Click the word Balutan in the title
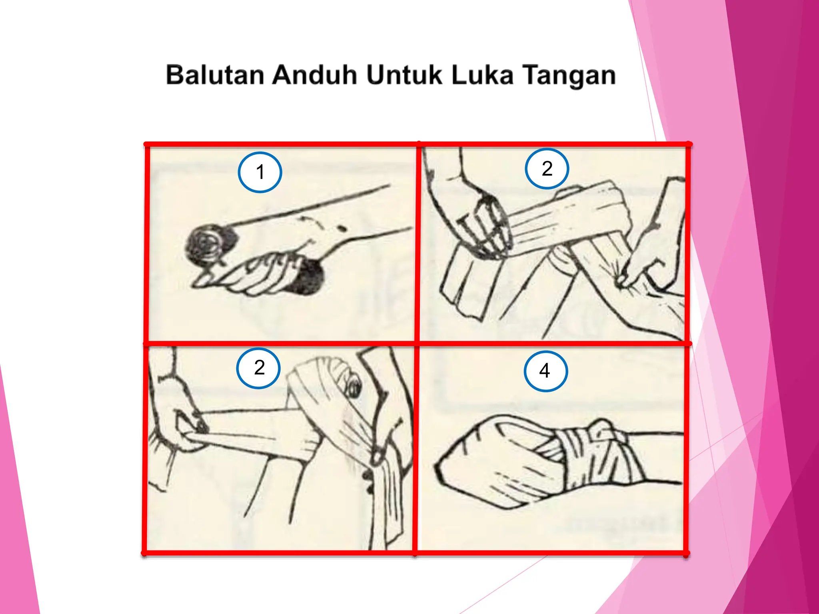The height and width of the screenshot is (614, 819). [215, 75]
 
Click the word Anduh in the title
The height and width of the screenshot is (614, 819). [314, 75]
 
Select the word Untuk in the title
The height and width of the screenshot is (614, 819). [404, 75]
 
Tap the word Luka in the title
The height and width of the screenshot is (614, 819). [482, 75]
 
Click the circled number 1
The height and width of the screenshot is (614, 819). [260, 172]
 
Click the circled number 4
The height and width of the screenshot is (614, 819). [545, 371]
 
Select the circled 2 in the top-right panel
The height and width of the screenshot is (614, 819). [547, 168]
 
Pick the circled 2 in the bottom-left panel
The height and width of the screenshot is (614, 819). [259, 368]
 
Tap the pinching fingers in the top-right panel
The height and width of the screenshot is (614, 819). [628, 276]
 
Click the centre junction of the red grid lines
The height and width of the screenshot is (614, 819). [417, 343]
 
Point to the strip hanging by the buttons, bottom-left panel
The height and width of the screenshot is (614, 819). [388, 500]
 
